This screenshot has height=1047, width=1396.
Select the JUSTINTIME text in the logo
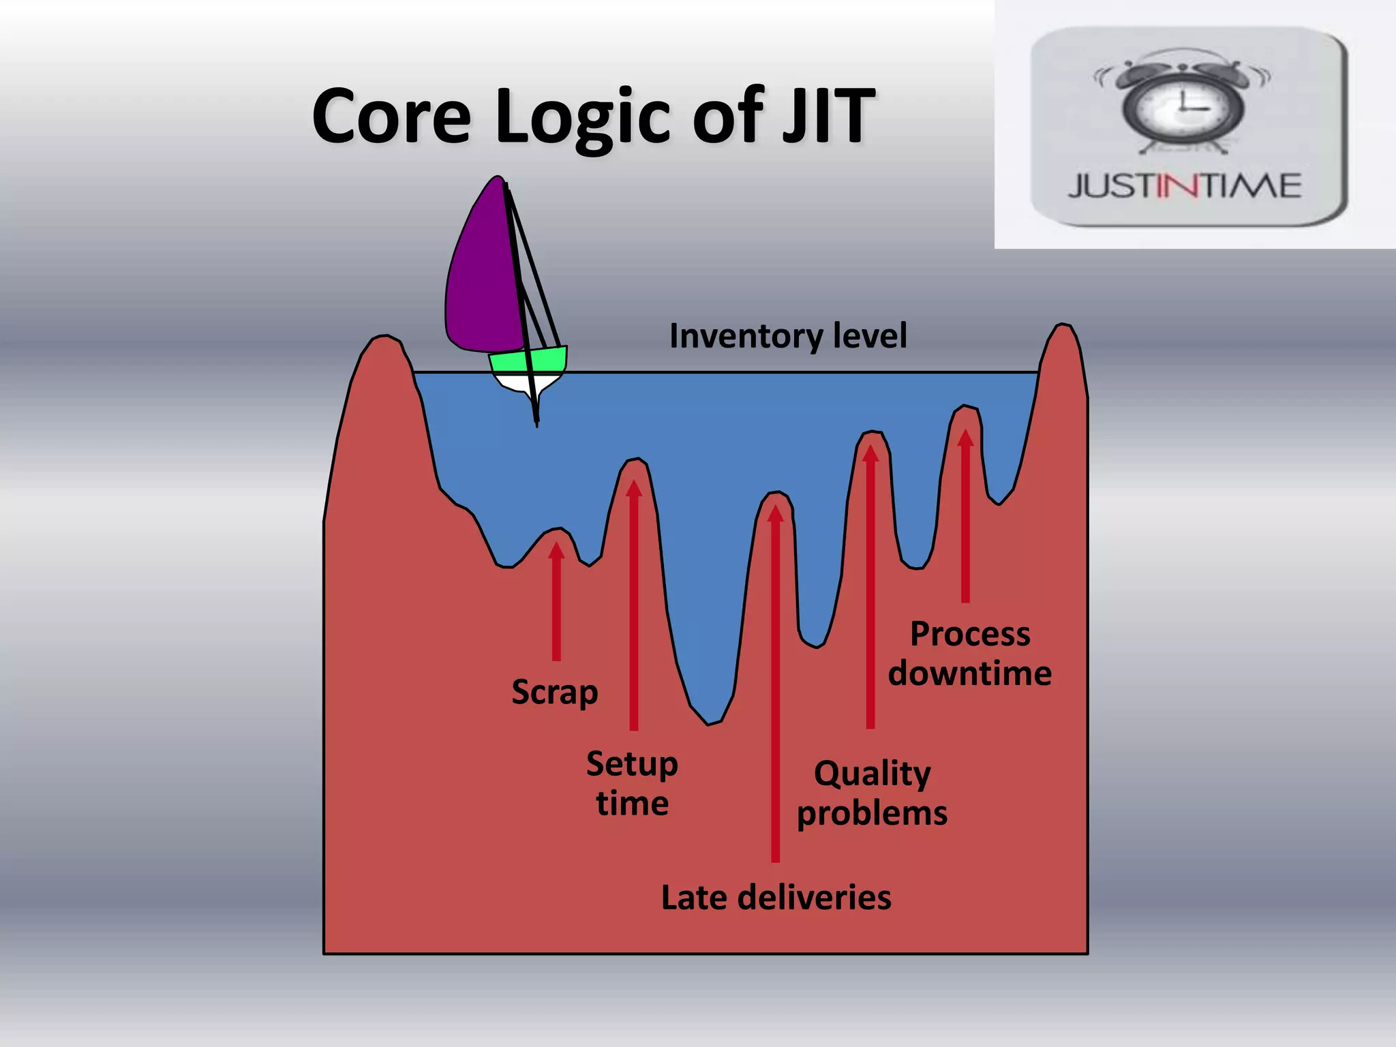coord(1185,186)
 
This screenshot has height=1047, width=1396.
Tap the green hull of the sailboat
coord(528,360)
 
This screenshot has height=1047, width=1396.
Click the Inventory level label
coord(788,335)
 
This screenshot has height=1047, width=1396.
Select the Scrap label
coord(555,693)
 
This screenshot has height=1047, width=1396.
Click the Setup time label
coord(632,783)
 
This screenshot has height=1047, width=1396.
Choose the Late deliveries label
coord(776,897)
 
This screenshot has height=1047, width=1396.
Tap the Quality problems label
coord(872,793)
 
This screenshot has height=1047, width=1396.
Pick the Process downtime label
coord(969,653)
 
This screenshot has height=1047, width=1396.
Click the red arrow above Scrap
coord(556,600)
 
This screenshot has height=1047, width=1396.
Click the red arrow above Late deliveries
coord(775,682)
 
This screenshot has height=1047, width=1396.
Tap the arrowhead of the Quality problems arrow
coord(870,454)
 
